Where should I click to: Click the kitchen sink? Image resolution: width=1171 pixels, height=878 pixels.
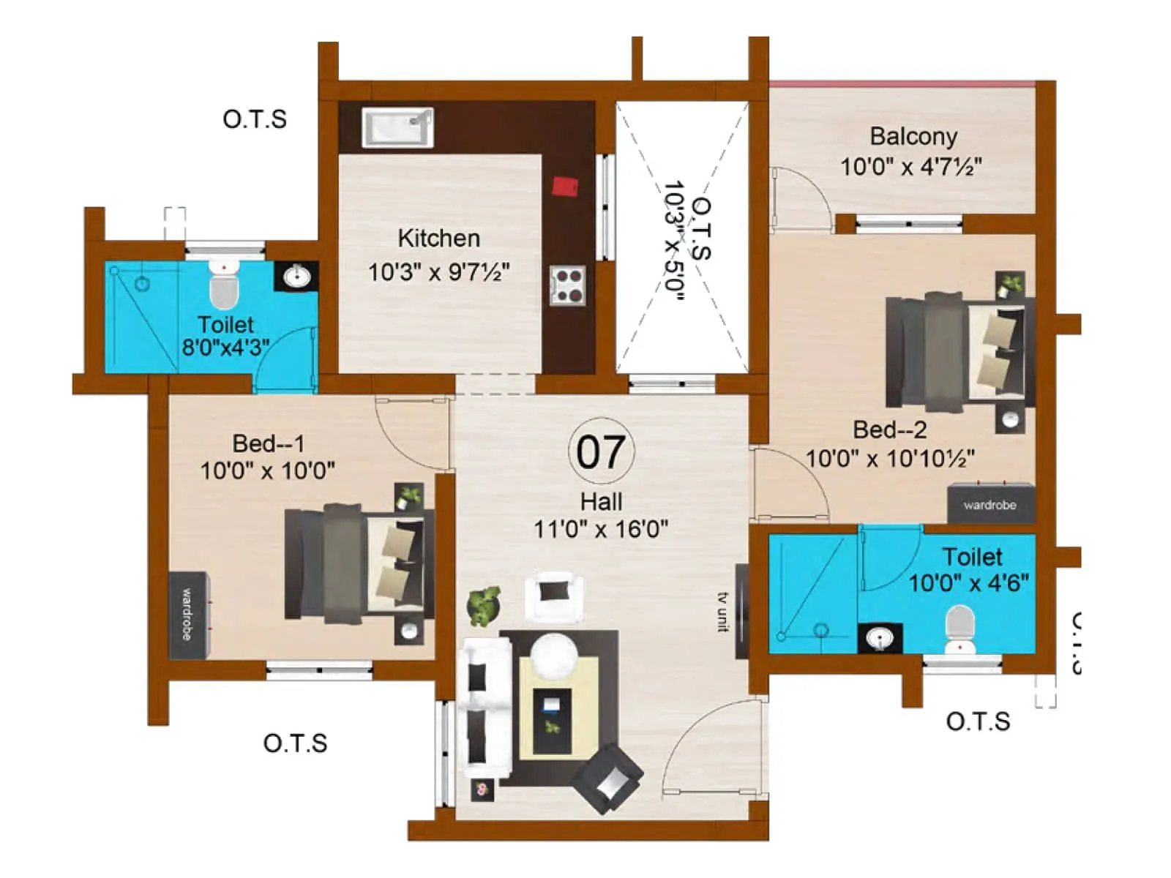[397, 127]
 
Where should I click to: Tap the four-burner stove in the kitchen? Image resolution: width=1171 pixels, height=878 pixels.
[568, 285]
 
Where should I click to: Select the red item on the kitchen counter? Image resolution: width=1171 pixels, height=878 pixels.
[564, 187]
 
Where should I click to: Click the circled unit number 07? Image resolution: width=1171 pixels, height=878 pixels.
[601, 451]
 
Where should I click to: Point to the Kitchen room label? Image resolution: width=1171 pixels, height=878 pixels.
[438, 239]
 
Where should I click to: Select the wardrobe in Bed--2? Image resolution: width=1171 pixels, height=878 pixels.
[991, 504]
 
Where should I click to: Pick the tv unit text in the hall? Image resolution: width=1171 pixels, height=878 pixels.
[724, 612]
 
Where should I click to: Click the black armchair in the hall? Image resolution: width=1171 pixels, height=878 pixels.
[607, 778]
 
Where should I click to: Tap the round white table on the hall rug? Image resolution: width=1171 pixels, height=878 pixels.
[554, 656]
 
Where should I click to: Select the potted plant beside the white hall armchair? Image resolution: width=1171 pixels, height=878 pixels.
[484, 605]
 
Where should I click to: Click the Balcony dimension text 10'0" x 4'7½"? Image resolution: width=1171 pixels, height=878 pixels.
[911, 167]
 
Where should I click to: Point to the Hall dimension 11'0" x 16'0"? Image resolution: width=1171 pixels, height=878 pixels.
[601, 529]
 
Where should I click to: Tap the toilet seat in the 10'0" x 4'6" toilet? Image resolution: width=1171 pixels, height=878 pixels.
[959, 628]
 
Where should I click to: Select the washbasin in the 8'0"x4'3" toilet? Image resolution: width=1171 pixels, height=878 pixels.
[296, 277]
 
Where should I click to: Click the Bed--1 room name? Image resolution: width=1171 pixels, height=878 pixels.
[268, 443]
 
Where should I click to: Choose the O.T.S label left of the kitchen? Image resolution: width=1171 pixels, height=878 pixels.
[255, 119]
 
